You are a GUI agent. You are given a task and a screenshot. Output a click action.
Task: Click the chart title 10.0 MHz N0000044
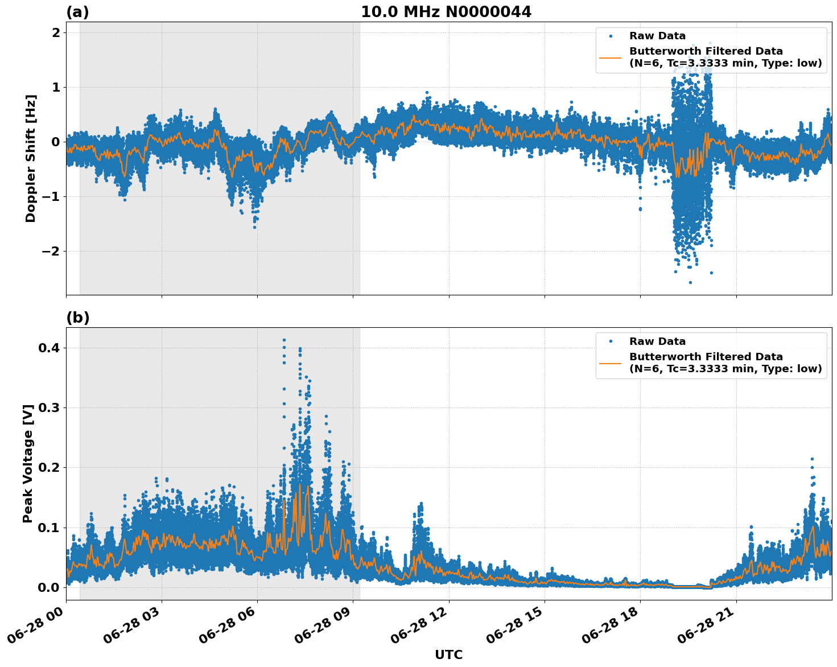(446, 12)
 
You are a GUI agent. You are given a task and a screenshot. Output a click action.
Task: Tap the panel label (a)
(77, 12)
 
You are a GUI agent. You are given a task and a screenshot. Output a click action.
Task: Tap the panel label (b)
(77, 318)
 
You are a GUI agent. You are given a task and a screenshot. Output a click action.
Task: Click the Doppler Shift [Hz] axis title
(31, 158)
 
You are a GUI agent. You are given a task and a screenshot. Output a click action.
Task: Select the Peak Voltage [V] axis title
(28, 463)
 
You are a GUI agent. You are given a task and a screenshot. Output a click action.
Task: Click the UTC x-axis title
(448, 654)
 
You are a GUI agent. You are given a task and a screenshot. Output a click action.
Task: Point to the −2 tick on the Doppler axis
(52, 252)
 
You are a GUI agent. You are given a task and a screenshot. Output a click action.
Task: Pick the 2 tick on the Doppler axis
(56, 32)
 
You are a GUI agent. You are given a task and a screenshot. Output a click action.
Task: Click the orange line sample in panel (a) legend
(611, 57)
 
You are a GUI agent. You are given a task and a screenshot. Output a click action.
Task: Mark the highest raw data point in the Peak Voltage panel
(284, 340)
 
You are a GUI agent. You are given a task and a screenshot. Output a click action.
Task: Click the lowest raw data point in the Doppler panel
(690, 282)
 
